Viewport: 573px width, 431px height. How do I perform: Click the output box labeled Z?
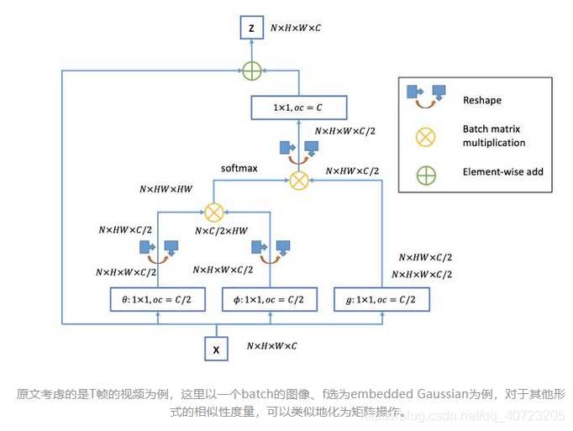click(250, 29)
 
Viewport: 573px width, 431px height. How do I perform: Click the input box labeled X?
click(218, 346)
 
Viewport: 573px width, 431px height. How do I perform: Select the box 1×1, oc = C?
click(298, 108)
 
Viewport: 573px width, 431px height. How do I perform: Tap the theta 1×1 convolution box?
click(158, 300)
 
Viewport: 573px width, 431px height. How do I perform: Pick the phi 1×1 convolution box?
click(270, 300)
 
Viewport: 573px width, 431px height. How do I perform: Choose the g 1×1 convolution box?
click(382, 300)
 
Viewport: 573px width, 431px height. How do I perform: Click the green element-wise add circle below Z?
click(251, 71)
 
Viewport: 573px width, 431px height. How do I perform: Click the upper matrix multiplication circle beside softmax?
click(298, 180)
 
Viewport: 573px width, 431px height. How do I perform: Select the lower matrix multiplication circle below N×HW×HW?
click(214, 212)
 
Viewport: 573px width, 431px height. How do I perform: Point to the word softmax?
click(239, 168)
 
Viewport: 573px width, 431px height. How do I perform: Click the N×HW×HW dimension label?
click(166, 190)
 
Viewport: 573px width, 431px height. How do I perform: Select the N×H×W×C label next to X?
click(271, 345)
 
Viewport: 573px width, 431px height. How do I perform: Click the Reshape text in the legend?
click(481, 100)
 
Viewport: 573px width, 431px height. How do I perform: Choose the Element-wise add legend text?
click(502, 172)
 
